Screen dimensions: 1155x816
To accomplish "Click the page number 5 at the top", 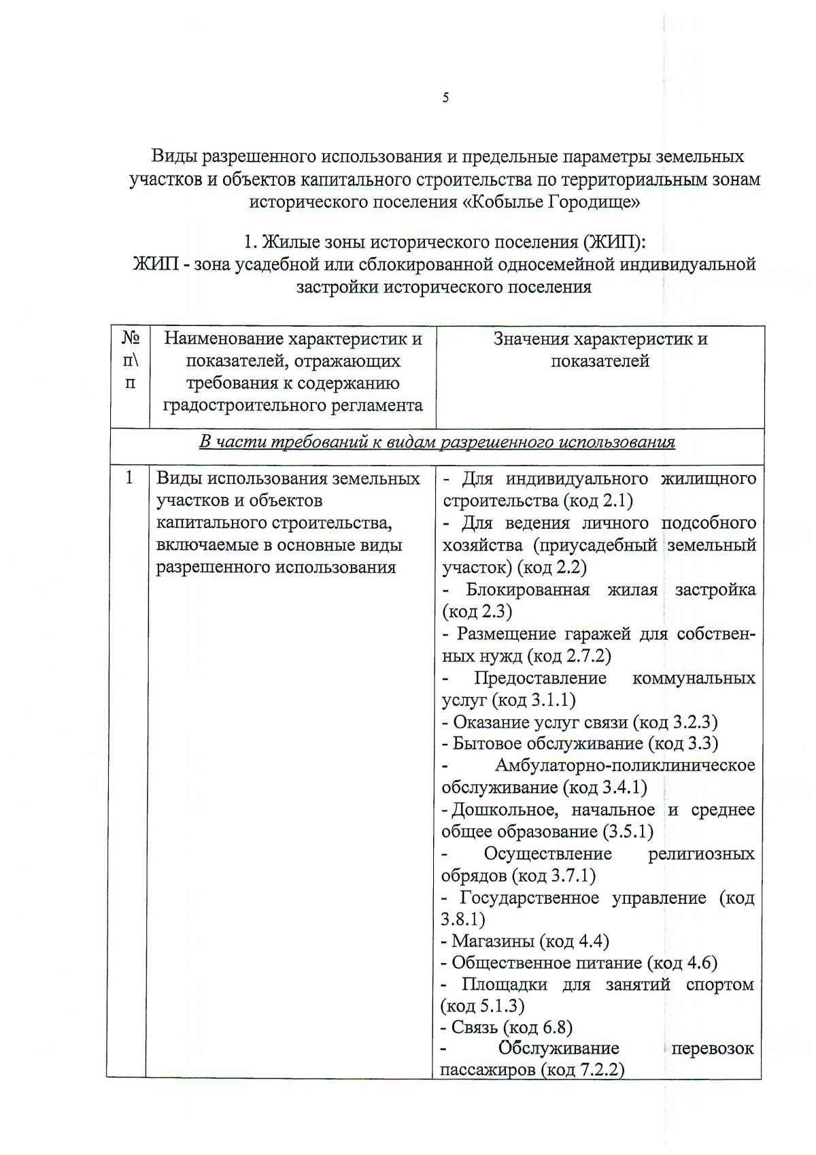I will pos(445,98).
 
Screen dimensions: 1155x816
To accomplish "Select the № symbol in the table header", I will pos(130,338).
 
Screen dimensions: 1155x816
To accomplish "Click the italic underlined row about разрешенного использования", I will pos(437,442).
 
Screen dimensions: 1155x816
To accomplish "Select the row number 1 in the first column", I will pos(129,478).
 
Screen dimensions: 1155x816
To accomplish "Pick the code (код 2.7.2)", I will pos(569,656).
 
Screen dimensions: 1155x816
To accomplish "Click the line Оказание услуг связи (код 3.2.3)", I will pos(580,722).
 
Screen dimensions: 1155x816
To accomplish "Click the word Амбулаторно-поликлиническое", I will pos(624,766).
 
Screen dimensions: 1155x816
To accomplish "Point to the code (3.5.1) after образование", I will pos(628,832).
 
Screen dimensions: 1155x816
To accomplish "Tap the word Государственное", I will pos(529,898).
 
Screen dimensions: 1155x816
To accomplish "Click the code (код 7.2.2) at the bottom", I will pos(582,1070).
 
